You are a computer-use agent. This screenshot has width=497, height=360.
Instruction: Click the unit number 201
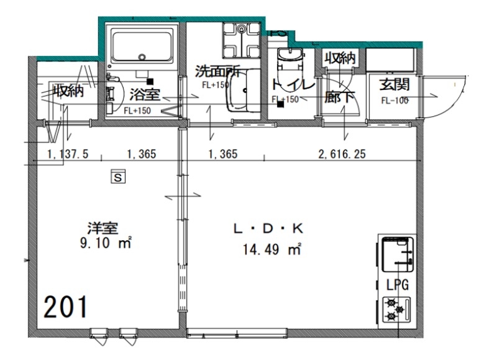tap(66, 306)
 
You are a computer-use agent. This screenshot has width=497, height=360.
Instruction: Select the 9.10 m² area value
tap(106, 244)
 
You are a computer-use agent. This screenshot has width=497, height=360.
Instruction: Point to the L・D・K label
tap(266, 230)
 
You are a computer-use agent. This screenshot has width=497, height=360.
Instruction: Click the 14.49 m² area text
tap(272, 250)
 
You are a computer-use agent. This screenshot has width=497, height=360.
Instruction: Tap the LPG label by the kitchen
tap(397, 286)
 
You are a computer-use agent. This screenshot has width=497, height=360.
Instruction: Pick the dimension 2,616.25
tap(341, 155)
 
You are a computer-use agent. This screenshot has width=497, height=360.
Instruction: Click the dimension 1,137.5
tap(66, 155)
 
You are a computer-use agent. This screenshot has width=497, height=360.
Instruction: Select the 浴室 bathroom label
tap(145, 95)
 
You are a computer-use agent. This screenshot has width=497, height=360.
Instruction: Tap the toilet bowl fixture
tap(288, 62)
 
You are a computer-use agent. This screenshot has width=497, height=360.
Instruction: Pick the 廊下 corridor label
tap(339, 98)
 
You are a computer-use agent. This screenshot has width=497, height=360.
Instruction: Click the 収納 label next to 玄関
tap(339, 59)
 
